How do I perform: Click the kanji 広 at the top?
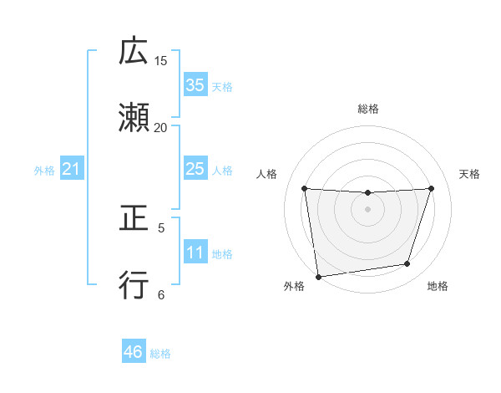pos(134,52)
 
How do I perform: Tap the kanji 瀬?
pos(134,118)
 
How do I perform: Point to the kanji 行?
pos(134,284)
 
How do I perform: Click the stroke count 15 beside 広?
pos(161,61)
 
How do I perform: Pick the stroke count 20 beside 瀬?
pos(161,127)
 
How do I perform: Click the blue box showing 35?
pos(195,85)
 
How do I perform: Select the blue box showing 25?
pos(195,170)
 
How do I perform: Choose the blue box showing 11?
pos(195,253)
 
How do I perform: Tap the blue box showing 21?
pos(72,170)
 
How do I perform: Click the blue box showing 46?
pos(134,352)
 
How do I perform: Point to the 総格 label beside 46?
pos(160,354)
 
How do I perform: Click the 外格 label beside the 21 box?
pos(44,171)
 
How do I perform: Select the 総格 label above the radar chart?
pos(368,109)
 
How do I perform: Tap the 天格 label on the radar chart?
pos(470,174)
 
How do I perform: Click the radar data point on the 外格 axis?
pos(318,276)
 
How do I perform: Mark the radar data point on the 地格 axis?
pos(407,264)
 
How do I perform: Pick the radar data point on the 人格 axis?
pos(305,188)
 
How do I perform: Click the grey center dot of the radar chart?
pos(368,209)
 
